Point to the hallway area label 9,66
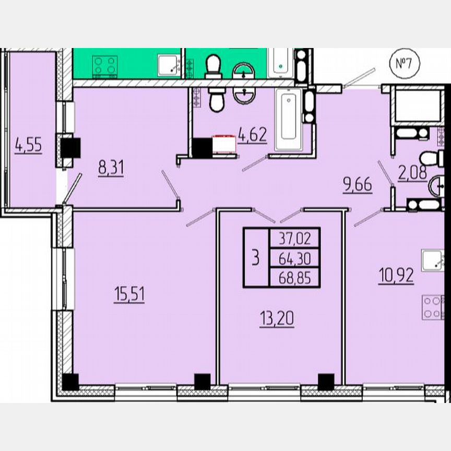pyautogui.click(x=358, y=185)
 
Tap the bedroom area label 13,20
pyautogui.click(x=277, y=317)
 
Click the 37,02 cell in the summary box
pyautogui.click(x=294, y=239)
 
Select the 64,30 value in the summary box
pyautogui.click(x=294, y=258)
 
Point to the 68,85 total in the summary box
pyautogui.click(x=294, y=277)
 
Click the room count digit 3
pyautogui.click(x=256, y=258)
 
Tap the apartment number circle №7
pyautogui.click(x=405, y=64)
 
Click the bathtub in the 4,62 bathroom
pyautogui.click(x=288, y=119)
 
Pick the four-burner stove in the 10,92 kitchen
pyautogui.click(x=433, y=307)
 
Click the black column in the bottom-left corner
pyautogui.click(x=70, y=382)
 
